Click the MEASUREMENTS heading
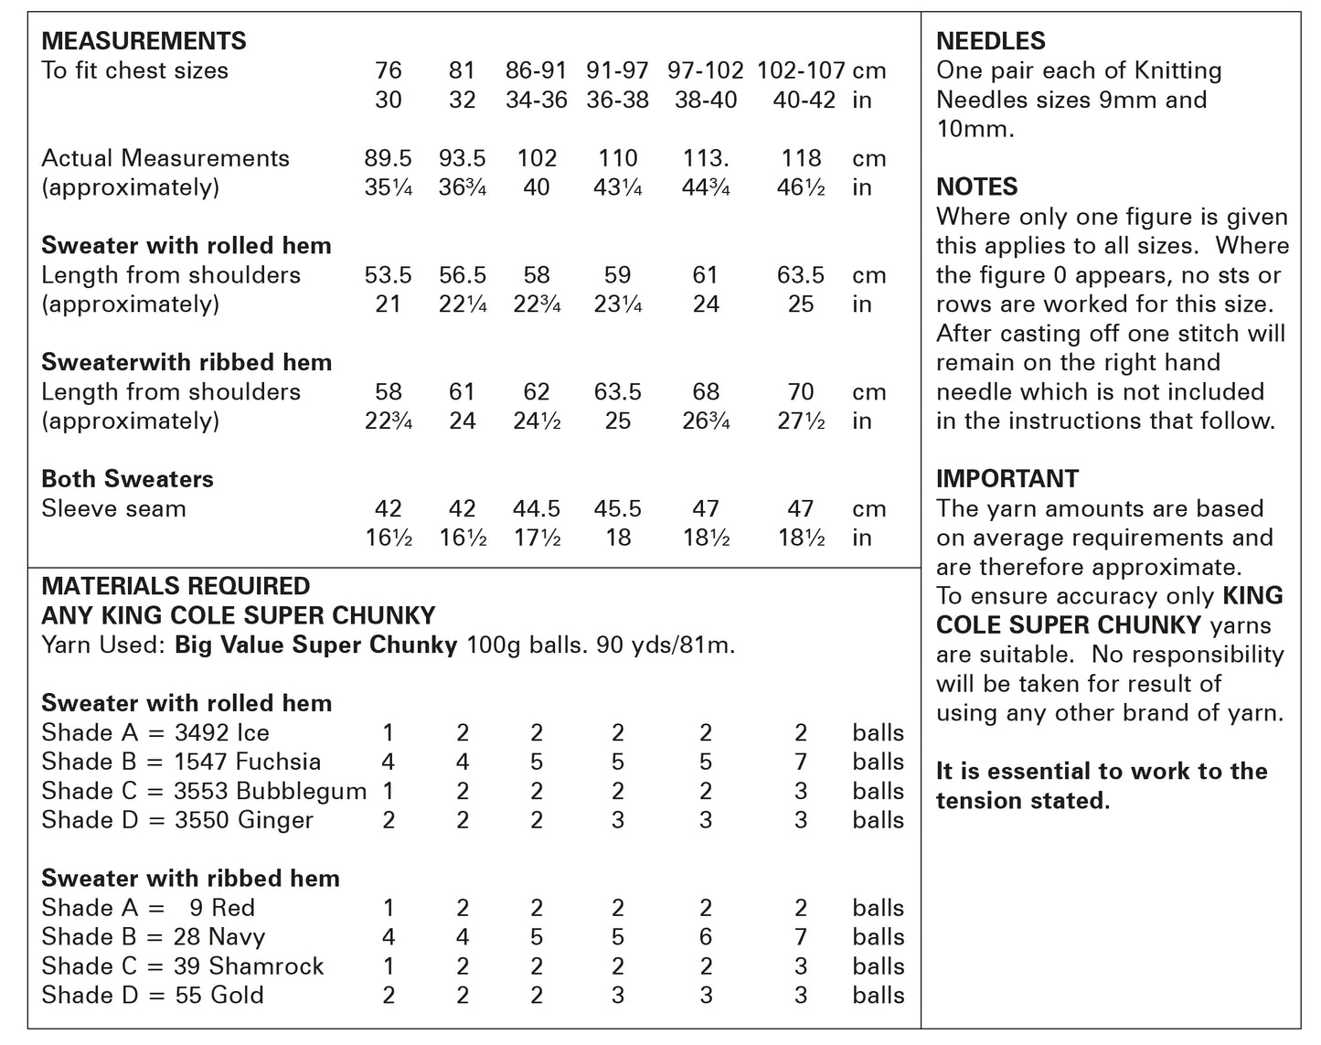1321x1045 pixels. coord(144,41)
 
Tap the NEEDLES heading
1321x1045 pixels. coord(990,41)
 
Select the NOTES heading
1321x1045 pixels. coord(976,187)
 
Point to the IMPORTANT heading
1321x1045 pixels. coord(1007,479)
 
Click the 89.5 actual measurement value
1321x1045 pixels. coord(389,158)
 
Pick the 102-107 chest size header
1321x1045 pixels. coord(801,70)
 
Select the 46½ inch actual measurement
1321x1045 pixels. coord(801,187)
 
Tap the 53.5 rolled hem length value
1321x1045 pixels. coord(389,275)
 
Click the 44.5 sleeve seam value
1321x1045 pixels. coord(537,509)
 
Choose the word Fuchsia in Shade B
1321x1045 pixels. coord(278,762)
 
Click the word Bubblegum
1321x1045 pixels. coord(299,791)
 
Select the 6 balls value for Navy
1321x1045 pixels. coord(706,937)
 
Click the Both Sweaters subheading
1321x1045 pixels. coord(127,479)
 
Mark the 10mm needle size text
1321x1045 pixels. coord(975,129)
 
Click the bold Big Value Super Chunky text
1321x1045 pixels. coord(315,645)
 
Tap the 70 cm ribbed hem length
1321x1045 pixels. coord(801,392)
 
